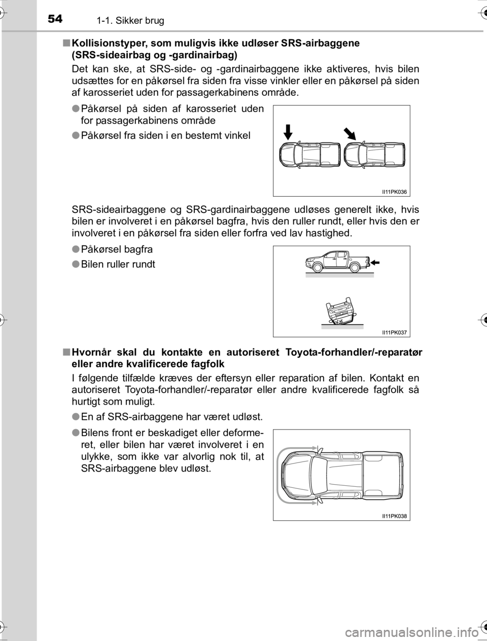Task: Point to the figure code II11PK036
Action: (x=395, y=192)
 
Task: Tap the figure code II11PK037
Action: (x=395, y=332)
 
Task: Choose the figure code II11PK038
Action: (x=395, y=516)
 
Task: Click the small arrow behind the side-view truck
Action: (x=375, y=262)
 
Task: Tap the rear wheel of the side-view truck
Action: (x=354, y=267)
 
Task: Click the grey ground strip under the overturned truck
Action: (x=342, y=327)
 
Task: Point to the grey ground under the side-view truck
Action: (x=339, y=275)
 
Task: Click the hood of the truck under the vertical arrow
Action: (x=287, y=154)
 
